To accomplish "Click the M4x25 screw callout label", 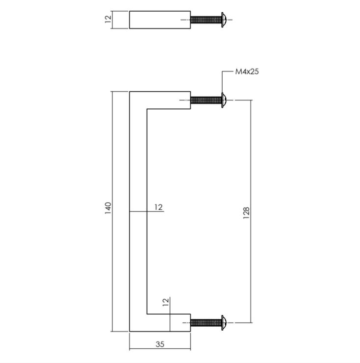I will [247, 72].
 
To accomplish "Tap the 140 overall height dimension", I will [108, 208].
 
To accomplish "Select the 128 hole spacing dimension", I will [246, 211].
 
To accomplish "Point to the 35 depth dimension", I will [160, 344].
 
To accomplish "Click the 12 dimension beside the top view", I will [108, 20].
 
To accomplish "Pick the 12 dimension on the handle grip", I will [158, 207].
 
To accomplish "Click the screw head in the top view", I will [223, 20].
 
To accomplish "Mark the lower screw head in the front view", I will [224, 322].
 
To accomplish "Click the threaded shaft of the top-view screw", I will [206, 20].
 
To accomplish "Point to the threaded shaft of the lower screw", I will [206, 322].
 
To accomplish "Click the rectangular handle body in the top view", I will [160, 20].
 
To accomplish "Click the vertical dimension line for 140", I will [113, 147].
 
